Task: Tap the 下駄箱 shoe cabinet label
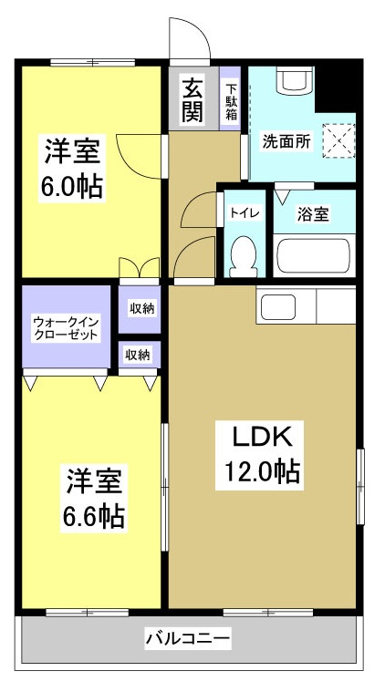click(232, 100)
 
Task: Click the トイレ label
click(244, 213)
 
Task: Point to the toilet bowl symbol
click(244, 254)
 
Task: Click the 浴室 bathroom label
click(313, 214)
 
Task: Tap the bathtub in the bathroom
click(313, 254)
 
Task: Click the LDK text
click(259, 438)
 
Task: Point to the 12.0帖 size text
click(259, 472)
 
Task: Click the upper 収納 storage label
click(141, 308)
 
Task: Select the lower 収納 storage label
click(138, 355)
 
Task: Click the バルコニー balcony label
click(189, 639)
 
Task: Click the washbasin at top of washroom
click(295, 81)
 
